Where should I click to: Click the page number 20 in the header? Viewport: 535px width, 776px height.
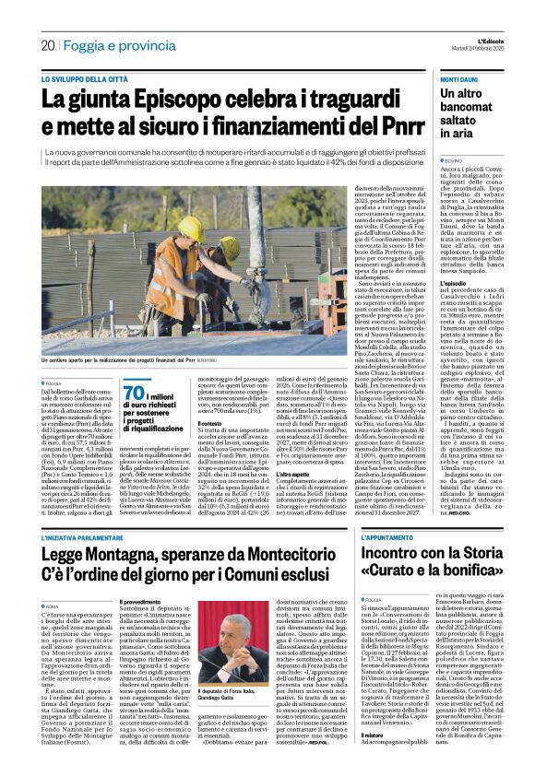coord(47,45)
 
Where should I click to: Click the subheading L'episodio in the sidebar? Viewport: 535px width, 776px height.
coord(433,334)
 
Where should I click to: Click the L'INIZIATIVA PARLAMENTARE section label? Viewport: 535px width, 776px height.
coord(90,539)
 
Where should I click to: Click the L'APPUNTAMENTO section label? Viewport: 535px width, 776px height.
coord(365,539)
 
